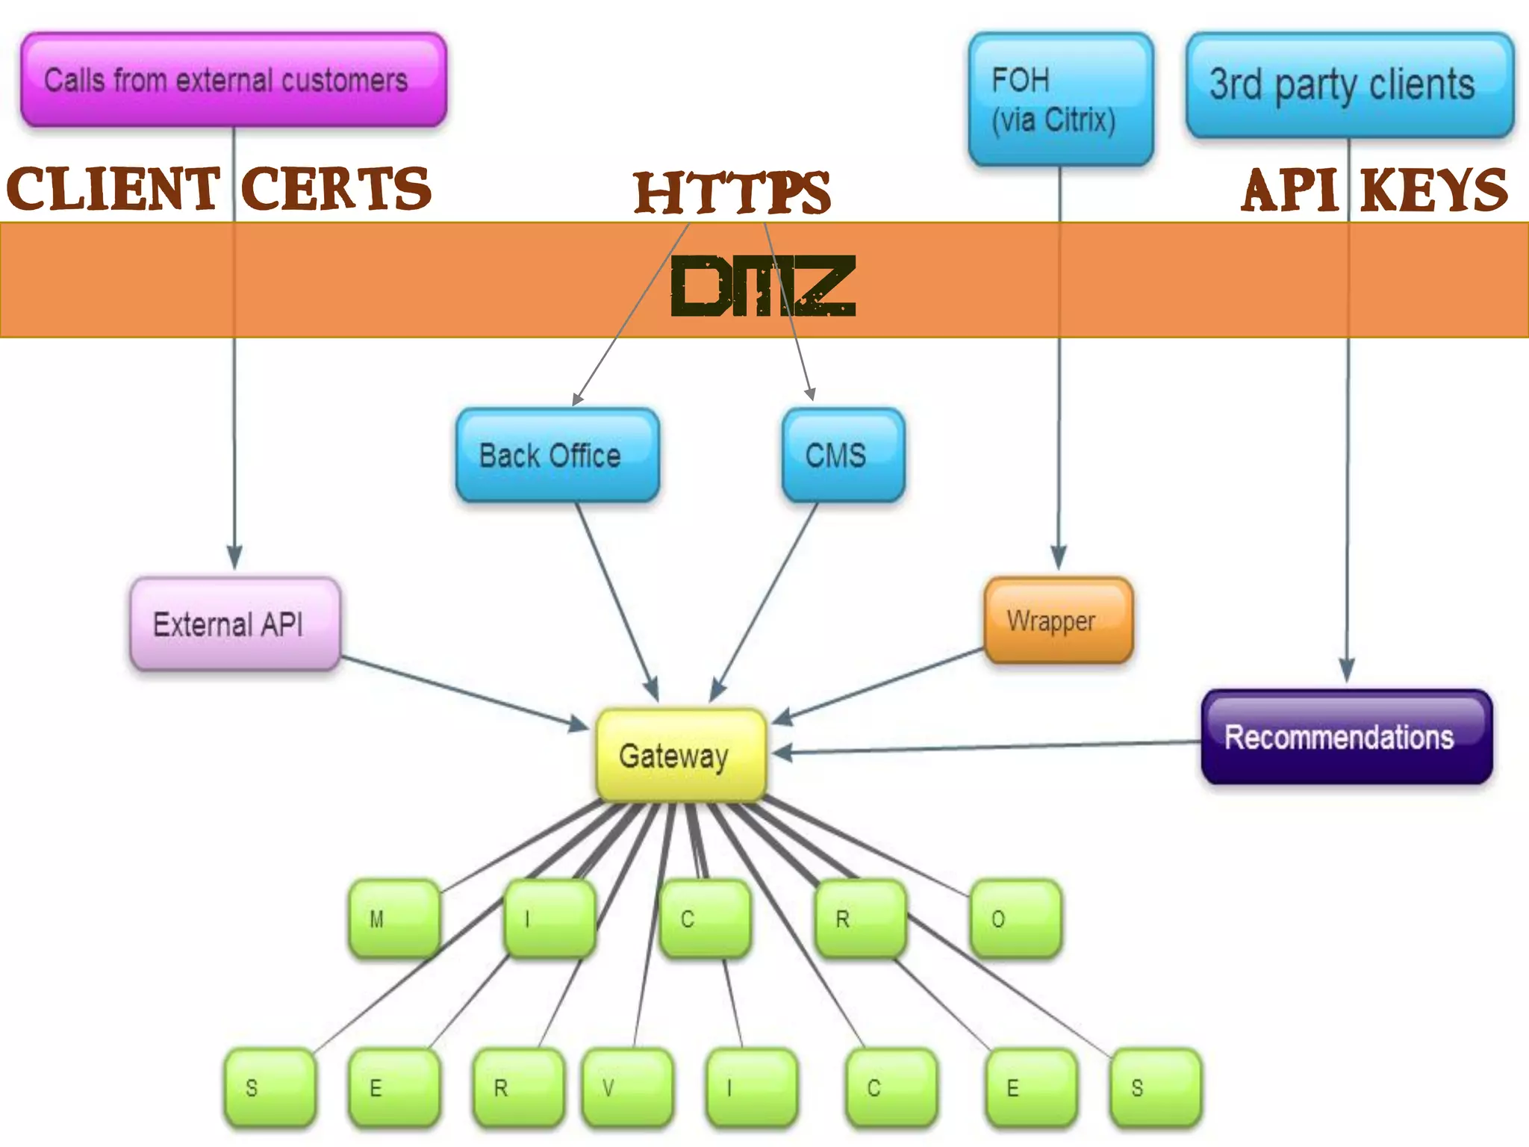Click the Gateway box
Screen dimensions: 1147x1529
coord(681,754)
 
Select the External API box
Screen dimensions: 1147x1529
coord(234,624)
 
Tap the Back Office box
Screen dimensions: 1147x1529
coord(557,455)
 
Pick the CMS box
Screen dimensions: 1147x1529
coord(843,455)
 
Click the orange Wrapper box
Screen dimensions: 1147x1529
coord(1058,620)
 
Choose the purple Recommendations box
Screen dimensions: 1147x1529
coord(1346,736)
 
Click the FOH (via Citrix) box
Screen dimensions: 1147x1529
coord(1060,99)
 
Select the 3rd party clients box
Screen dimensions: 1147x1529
coord(1348,85)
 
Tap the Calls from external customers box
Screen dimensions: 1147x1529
coord(233,79)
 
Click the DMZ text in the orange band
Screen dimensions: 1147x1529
coord(762,286)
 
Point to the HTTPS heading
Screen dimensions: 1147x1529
coord(732,193)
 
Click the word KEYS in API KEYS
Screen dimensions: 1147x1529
coord(1434,190)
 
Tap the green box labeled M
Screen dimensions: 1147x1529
coord(393,918)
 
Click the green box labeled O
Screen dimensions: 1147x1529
coord(1015,918)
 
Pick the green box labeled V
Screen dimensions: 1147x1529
coord(627,1087)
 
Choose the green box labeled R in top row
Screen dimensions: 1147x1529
coord(860,918)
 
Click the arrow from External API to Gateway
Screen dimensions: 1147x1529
coord(463,691)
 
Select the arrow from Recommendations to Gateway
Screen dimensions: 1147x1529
coord(985,747)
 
